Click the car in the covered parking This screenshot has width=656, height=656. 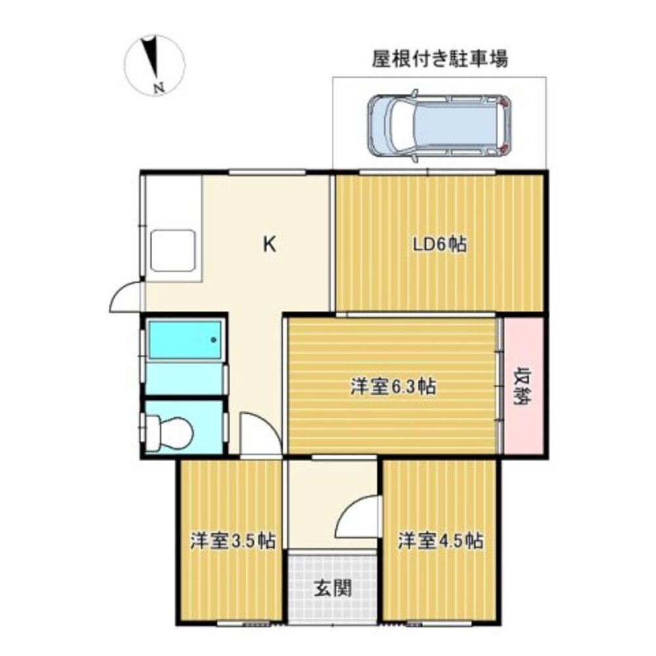(x=439, y=125)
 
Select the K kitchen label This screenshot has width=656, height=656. (x=269, y=245)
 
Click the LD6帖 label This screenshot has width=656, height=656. (x=440, y=245)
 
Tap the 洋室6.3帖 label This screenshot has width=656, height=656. (x=393, y=386)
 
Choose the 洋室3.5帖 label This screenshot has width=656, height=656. (x=232, y=542)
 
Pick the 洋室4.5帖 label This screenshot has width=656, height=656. (x=441, y=542)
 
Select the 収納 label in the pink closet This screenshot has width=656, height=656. (x=523, y=386)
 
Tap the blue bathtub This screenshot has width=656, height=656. (x=184, y=340)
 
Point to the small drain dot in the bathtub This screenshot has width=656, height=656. (x=213, y=340)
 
